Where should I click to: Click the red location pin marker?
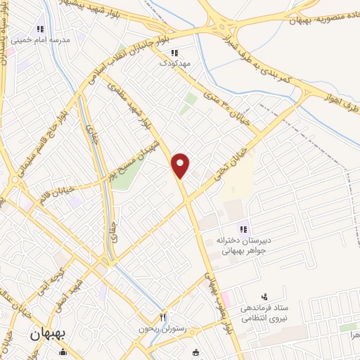[181, 165]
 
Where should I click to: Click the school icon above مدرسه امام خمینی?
[41, 29]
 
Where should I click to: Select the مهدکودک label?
[174, 63]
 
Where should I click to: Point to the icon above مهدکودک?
[174, 52]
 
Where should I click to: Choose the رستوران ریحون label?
[163, 329]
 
